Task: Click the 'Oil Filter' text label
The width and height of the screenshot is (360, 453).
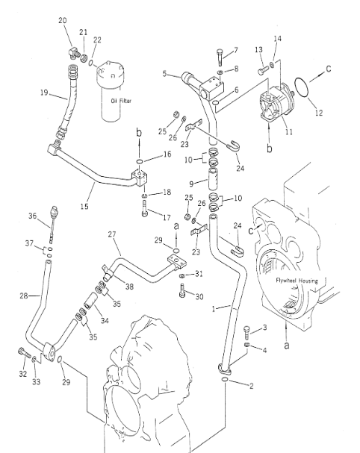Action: pyautogui.click(x=121, y=101)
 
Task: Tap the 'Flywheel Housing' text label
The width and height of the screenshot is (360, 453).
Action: pyautogui.click(x=297, y=281)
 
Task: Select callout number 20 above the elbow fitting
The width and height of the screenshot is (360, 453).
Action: pyautogui.click(x=63, y=20)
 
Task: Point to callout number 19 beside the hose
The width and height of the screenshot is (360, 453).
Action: pyautogui.click(x=44, y=93)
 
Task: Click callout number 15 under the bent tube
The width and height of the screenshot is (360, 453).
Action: pyautogui.click(x=84, y=207)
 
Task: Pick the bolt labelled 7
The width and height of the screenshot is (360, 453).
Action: pyautogui.click(x=220, y=57)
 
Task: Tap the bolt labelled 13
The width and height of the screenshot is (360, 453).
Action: pyautogui.click(x=262, y=72)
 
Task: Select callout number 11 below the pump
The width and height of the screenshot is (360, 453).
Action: pyautogui.click(x=289, y=132)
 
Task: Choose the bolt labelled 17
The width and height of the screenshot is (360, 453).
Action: pyautogui.click(x=145, y=208)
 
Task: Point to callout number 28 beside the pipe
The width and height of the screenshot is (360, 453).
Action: pyautogui.click(x=24, y=296)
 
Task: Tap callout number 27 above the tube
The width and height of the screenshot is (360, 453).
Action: pyautogui.click(x=112, y=234)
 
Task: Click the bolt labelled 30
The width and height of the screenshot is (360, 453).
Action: pyautogui.click(x=182, y=290)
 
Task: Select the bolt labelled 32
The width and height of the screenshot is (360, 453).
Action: pyautogui.click(x=24, y=352)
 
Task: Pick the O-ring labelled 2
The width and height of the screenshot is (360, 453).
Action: pyautogui.click(x=225, y=379)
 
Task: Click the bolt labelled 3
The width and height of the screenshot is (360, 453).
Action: pyautogui.click(x=246, y=333)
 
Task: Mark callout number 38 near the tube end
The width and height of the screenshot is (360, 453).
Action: pyautogui.click(x=129, y=287)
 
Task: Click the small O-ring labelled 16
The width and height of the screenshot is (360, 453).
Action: pyautogui.click(x=139, y=161)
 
